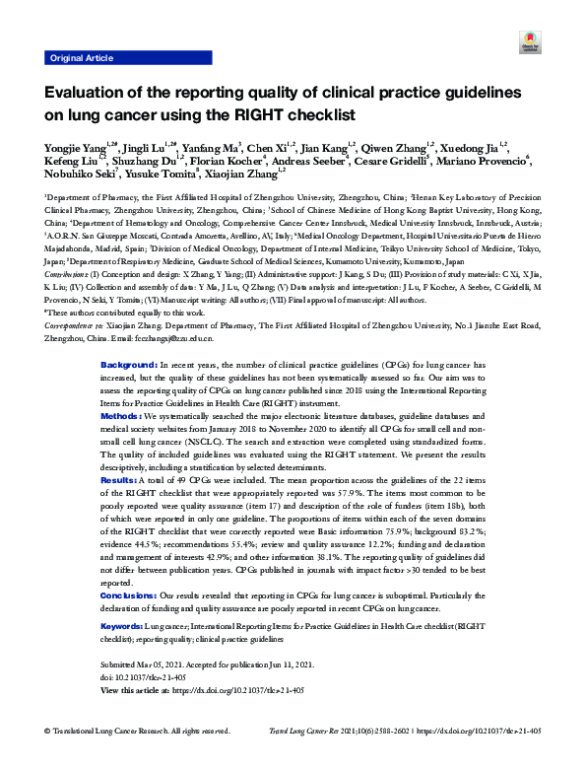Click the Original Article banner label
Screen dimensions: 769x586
[x=79, y=59]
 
